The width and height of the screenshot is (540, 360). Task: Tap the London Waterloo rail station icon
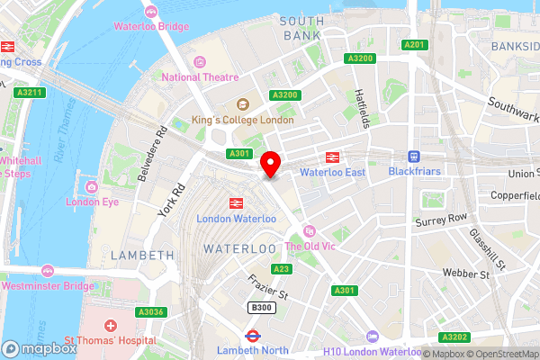(x=238, y=203)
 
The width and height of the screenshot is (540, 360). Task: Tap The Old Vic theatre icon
(x=310, y=230)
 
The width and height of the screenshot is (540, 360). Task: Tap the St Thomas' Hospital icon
(x=110, y=325)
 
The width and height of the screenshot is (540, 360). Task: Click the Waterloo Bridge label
(x=151, y=26)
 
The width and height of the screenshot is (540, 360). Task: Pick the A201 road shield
(x=414, y=44)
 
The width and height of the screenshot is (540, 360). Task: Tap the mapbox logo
(x=38, y=349)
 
